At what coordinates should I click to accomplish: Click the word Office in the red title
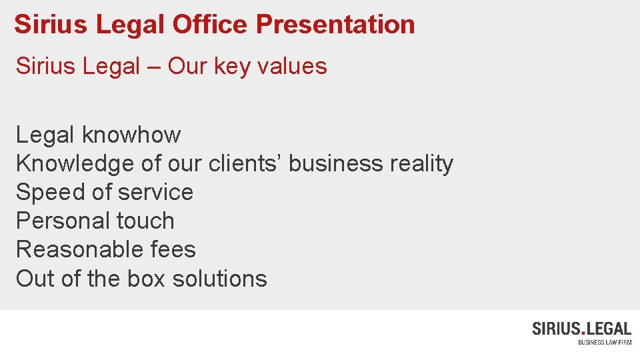coord(210,25)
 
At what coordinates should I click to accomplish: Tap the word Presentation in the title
coord(335,25)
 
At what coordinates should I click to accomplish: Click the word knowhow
coord(131,135)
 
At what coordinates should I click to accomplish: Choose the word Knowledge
coord(75,164)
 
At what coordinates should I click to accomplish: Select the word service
coord(155,193)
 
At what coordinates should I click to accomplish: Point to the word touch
coord(145,221)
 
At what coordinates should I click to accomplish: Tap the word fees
coord(173,249)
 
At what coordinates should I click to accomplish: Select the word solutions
coord(219,278)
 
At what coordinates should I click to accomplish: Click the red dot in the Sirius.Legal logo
coord(585,332)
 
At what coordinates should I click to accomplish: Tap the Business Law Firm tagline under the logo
coord(604,343)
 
